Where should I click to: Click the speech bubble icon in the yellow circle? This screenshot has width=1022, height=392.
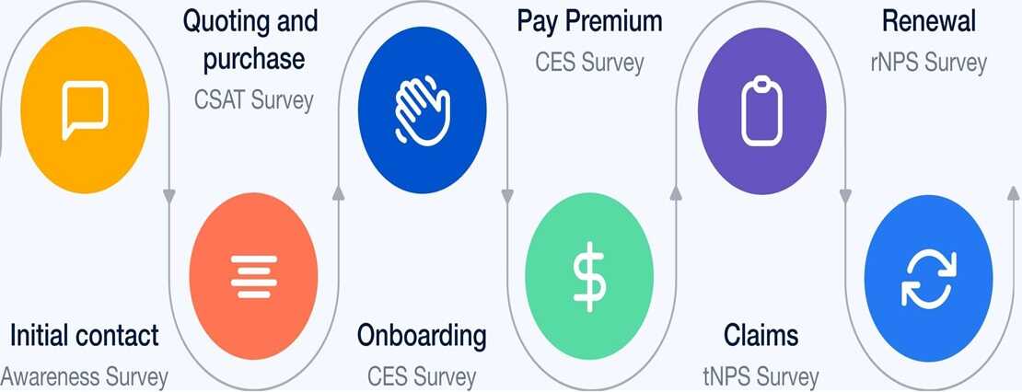[85, 110]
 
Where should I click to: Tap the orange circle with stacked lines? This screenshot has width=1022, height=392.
[253, 276]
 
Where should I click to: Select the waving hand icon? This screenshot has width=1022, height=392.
[423, 110]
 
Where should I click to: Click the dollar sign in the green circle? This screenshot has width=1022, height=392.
[589, 276]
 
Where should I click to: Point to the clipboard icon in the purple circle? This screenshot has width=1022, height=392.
[762, 110]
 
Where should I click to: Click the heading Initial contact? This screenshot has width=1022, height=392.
[84, 335]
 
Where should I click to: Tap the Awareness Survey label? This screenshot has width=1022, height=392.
[84, 377]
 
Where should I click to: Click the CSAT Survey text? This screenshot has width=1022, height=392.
[253, 100]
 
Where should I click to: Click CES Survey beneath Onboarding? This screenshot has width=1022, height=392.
[422, 377]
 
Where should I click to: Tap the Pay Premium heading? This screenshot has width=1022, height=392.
[590, 21]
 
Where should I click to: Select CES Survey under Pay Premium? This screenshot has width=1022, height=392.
[590, 63]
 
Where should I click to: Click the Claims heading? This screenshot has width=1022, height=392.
[761, 335]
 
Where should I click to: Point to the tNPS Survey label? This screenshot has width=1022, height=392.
[761, 377]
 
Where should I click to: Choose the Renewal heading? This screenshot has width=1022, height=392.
[929, 21]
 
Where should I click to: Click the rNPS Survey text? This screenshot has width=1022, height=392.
[929, 63]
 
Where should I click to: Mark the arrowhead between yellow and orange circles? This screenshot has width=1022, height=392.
[169, 195]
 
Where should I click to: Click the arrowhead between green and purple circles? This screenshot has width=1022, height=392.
[676, 192]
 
